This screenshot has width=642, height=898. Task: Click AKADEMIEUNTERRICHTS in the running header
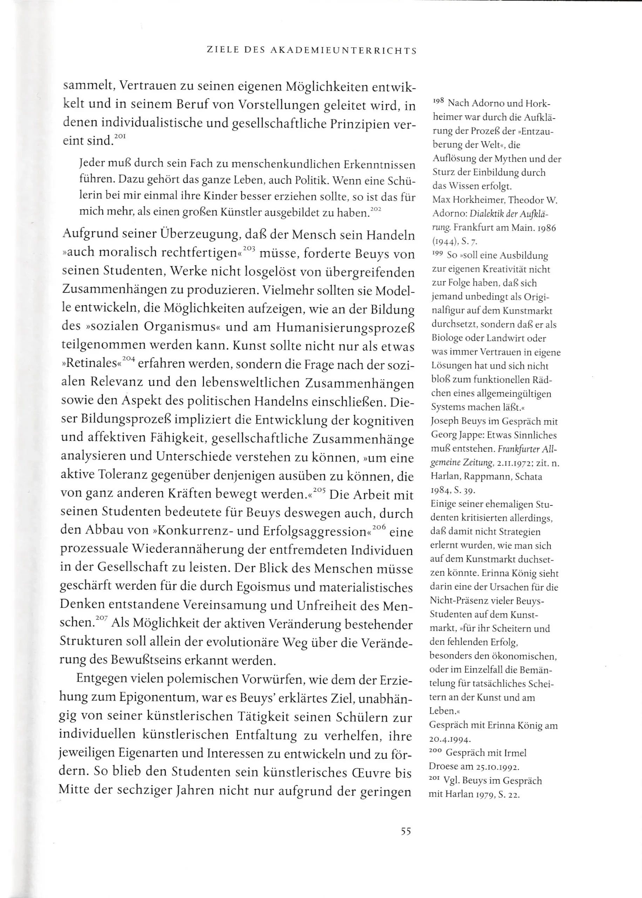(344, 51)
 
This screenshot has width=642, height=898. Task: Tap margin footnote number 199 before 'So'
(437, 254)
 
